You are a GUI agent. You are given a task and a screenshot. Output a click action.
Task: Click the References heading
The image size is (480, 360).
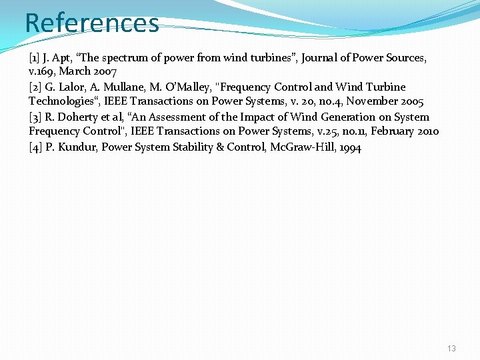click(92, 23)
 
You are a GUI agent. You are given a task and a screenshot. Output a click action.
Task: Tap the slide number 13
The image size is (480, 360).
click(452, 349)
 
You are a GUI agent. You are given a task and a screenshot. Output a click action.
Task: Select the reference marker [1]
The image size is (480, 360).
click(35, 58)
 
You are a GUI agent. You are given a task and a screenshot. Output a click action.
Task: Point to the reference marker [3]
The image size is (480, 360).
click(35, 117)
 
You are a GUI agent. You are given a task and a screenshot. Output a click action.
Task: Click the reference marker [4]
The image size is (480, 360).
click(35, 147)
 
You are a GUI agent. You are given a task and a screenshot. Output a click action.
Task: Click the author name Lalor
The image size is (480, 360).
click(72, 87)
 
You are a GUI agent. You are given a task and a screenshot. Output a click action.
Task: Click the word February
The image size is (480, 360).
click(390, 131)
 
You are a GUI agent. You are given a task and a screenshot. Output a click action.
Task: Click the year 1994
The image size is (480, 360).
click(350, 147)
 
